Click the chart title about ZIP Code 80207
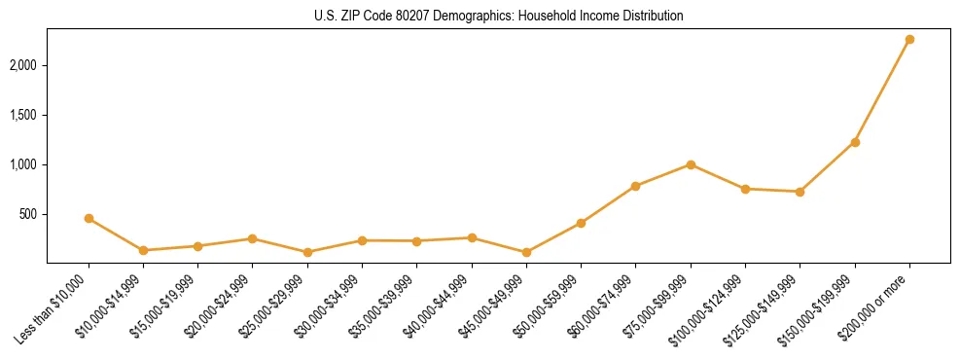point(498,16)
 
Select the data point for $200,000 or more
point(909,40)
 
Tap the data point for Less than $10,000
point(89,219)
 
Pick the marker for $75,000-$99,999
point(691,164)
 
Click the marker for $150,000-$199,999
point(855,142)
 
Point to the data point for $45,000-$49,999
point(526,252)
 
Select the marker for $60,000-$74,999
point(635,186)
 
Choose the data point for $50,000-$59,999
point(581,223)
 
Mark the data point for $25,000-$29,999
point(307,252)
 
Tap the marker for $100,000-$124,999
point(745,189)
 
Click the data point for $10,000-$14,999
point(143,250)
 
